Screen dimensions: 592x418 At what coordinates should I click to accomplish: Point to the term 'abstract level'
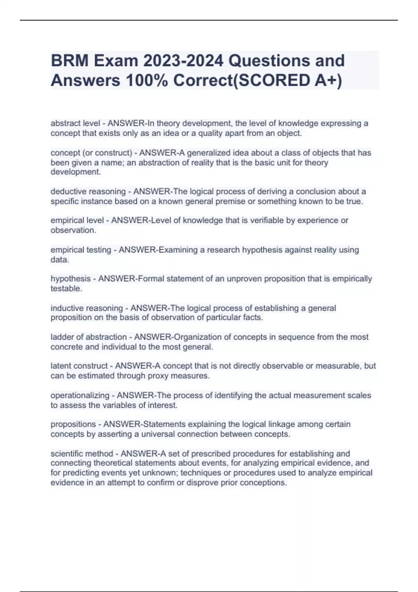coord(75,123)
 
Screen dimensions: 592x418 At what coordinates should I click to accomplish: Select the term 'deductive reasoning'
coord(88,192)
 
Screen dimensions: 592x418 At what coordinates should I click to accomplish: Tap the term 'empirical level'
coord(77,220)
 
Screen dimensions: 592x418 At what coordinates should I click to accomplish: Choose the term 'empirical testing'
coord(81,250)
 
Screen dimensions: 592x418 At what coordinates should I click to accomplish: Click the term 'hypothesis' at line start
coord(70,279)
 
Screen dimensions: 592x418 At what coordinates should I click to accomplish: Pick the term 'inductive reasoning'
coord(87,308)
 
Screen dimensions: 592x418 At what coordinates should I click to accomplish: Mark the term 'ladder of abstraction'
coord(88,337)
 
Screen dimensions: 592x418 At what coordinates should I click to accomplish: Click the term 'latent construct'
coord(79,366)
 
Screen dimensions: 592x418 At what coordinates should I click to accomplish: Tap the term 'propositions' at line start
coord(73,424)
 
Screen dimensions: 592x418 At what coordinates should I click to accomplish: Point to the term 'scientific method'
coord(82,454)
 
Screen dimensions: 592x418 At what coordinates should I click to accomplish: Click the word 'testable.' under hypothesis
coord(67,289)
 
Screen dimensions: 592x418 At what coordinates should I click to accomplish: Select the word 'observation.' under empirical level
coord(73,230)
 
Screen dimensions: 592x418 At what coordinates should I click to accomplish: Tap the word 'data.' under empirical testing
coord(60,260)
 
